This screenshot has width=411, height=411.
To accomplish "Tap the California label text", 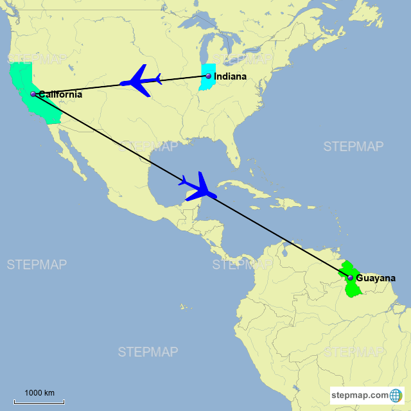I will pyautogui.click(x=60, y=94).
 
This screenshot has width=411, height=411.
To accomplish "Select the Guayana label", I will pyautogui.click(x=376, y=278).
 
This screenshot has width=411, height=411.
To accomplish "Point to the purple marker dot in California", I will pyautogui.click(x=33, y=94).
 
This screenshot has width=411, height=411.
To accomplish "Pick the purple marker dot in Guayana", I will pyautogui.click(x=350, y=278).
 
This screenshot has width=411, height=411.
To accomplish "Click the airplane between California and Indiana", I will pyautogui.click(x=141, y=81).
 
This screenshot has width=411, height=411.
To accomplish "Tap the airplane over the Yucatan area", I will pyautogui.click(x=199, y=187).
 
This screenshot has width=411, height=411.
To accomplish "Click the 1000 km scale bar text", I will pyautogui.click(x=40, y=393).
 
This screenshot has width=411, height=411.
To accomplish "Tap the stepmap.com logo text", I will pyautogui.click(x=360, y=395).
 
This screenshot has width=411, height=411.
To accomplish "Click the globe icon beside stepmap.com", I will pyautogui.click(x=396, y=395).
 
